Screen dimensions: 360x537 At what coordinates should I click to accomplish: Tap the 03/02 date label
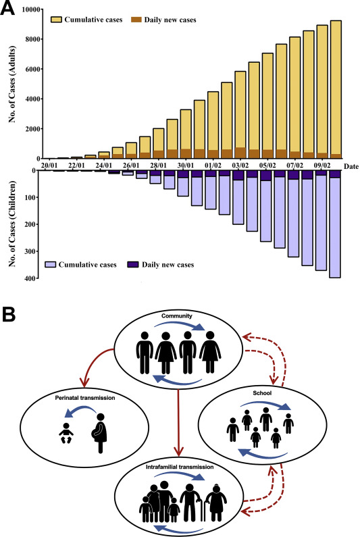pyautogui.click(x=240, y=165)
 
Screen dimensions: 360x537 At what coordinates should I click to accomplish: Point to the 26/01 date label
pyautogui.click(x=131, y=165)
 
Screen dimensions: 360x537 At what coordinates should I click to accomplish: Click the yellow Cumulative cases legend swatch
pyautogui.click(x=56, y=20)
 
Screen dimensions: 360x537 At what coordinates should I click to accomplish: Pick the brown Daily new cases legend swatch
pyautogui.click(x=136, y=20)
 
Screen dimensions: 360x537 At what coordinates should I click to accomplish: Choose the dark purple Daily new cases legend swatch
pyautogui.click(x=133, y=264)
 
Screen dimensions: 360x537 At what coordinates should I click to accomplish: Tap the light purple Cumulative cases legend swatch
pyautogui.click(x=51, y=264)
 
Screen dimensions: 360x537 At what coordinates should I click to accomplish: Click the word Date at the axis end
pyautogui.click(x=351, y=166)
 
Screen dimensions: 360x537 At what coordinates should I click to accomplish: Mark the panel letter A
pyautogui.click(x=7, y=8)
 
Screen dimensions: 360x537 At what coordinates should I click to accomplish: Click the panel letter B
pyautogui.click(x=9, y=314)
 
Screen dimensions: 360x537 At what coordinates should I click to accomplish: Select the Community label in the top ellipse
pyautogui.click(x=177, y=315)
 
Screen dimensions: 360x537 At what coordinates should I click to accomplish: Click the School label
pyautogui.click(x=262, y=393)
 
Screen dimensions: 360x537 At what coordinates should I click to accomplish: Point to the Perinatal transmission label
pyautogui.click(x=85, y=398)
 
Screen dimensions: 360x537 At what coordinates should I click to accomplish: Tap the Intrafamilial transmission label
pyautogui.click(x=180, y=467)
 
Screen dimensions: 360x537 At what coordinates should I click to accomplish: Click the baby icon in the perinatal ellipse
pyautogui.click(x=66, y=433)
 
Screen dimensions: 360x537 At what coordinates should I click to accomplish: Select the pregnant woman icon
pyautogui.click(x=99, y=433)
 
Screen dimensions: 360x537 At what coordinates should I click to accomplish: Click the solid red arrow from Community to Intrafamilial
pyautogui.click(x=178, y=421)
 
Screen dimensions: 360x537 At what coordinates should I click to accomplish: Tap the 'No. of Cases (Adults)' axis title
pyautogui.click(x=13, y=84)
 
